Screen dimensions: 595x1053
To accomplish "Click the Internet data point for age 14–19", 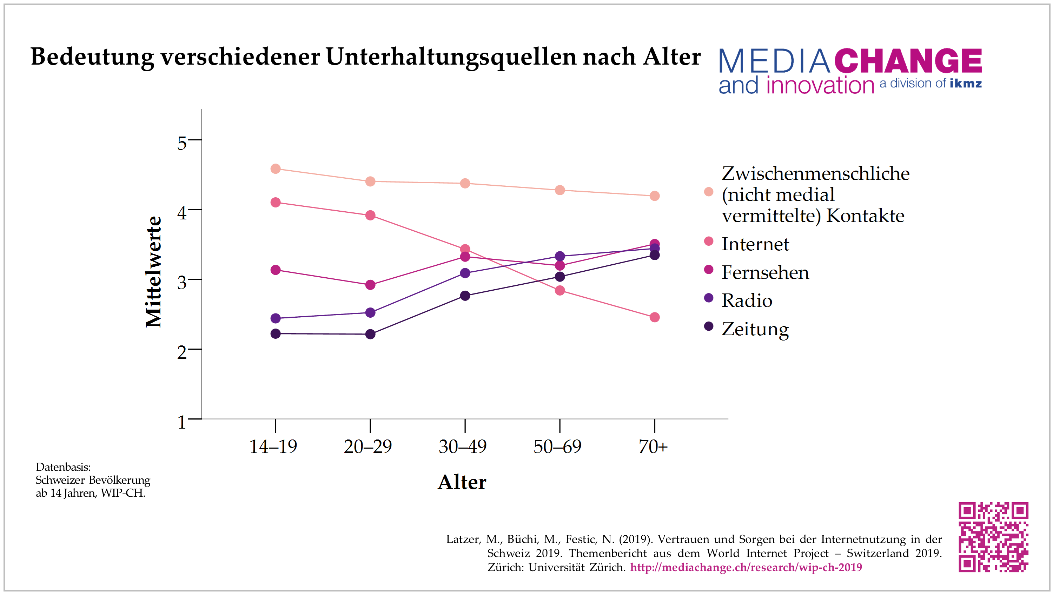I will [x=276, y=203].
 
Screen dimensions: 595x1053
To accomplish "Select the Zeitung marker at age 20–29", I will [x=370, y=334].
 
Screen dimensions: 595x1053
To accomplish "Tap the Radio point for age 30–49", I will [x=465, y=273].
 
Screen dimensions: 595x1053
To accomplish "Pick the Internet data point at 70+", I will [x=655, y=317].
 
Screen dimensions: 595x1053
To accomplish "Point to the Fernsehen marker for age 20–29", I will [x=370, y=285].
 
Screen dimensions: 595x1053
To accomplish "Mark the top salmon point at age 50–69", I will [x=560, y=190].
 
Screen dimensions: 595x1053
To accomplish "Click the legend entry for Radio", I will [x=747, y=300].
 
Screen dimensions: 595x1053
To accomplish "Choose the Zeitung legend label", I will [x=755, y=329].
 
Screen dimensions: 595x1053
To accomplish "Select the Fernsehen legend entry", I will [x=765, y=272].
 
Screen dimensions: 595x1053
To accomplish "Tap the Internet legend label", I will [x=755, y=244].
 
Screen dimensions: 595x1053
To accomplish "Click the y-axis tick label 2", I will [x=182, y=352].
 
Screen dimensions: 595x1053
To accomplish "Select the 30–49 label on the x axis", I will [x=463, y=446].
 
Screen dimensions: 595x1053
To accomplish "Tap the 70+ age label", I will [x=653, y=446].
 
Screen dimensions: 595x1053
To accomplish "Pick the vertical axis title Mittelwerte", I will [x=154, y=272].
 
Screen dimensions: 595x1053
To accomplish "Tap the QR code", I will [x=993, y=537].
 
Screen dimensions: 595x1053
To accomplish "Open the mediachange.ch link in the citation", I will [x=746, y=567].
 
